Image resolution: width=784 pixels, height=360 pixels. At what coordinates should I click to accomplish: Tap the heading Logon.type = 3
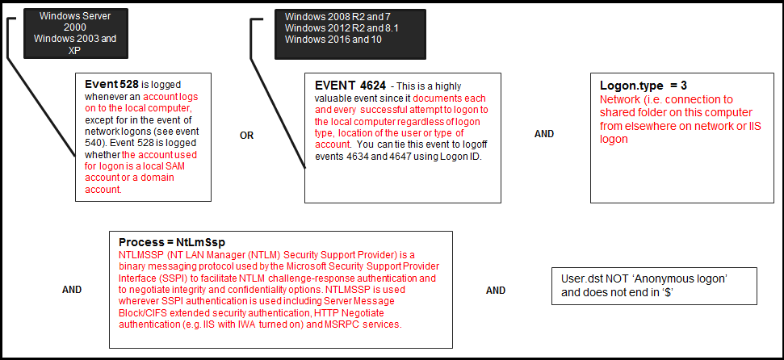(x=644, y=86)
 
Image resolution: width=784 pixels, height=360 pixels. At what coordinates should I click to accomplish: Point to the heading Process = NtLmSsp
(x=171, y=242)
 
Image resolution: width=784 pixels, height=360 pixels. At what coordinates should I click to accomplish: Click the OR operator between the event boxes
(x=247, y=135)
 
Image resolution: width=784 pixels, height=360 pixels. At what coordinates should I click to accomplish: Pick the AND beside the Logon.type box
(x=544, y=134)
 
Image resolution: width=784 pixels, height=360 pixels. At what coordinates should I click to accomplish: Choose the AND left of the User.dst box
(x=496, y=291)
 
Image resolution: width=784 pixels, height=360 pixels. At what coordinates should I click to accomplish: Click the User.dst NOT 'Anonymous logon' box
(x=654, y=285)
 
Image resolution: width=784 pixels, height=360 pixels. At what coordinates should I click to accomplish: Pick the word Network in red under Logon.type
(x=618, y=99)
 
